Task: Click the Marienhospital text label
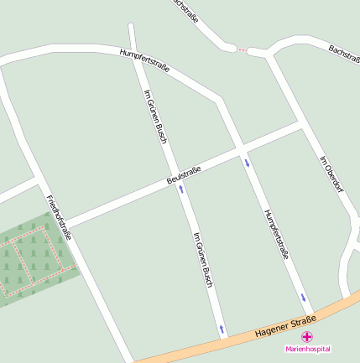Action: [x=308, y=349]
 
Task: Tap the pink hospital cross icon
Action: [x=308, y=336]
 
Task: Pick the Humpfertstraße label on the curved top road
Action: [x=144, y=62]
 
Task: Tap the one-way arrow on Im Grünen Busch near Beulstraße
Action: [x=180, y=189]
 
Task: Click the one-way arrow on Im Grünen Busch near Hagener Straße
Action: [x=222, y=328]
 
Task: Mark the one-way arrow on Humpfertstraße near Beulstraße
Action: [x=247, y=162]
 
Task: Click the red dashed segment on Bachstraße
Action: [x=242, y=50]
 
